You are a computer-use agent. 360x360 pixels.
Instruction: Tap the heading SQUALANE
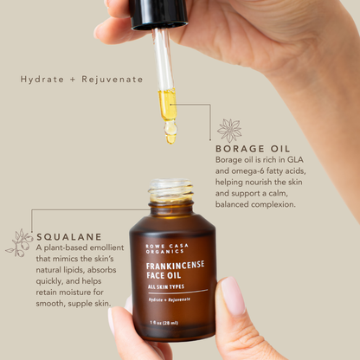(x=69, y=235)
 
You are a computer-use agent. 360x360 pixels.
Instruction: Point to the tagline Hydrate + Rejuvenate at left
(x=82, y=79)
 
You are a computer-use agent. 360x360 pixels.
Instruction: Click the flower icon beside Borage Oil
(x=229, y=131)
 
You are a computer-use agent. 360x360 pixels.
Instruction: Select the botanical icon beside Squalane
(x=19, y=242)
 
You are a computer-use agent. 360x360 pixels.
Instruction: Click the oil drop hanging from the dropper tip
(x=170, y=136)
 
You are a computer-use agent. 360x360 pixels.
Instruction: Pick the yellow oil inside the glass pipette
(x=167, y=104)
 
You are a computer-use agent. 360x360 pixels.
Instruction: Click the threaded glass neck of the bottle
(x=171, y=189)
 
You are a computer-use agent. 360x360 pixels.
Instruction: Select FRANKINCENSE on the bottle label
(x=174, y=266)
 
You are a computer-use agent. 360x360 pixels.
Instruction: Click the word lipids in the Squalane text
(x=87, y=270)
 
